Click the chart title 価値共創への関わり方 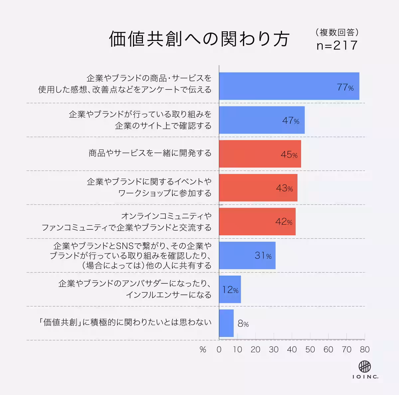point(199,39)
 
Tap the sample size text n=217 point(337,46)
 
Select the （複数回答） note point(337,32)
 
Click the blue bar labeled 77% point(289,86)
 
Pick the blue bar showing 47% point(261,120)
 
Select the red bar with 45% point(260,154)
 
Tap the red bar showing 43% point(258,188)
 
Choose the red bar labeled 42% point(257,222)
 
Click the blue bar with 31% point(247,255)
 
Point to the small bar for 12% point(230,289)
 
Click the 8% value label point(243,324)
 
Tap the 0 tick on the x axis point(219,349)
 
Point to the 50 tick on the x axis point(310,349)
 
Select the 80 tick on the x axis point(365,349)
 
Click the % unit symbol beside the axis point(203,350)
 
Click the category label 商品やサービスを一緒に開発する point(150,153)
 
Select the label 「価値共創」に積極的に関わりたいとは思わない point(125,322)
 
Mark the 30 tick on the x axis point(274,349)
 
